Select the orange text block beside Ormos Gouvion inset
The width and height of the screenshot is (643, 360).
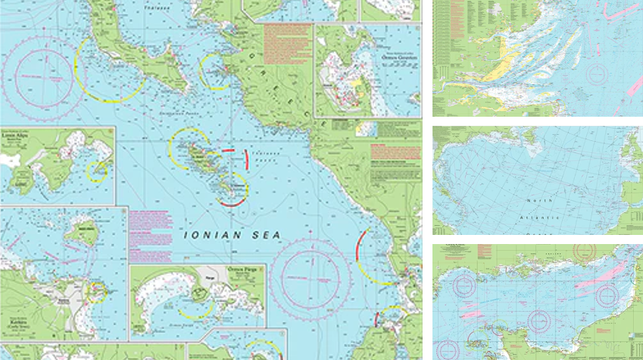pyautogui.click(x=288, y=45)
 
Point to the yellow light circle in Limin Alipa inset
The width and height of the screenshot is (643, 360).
pyautogui.click(x=97, y=171)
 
